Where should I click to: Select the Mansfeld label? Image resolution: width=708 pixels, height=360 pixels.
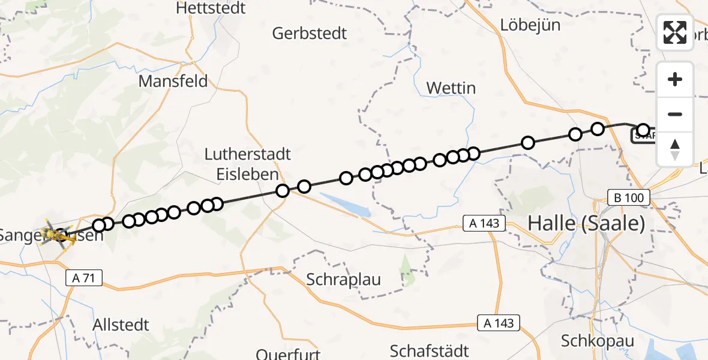173,81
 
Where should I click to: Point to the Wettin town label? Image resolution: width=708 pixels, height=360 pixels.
451,88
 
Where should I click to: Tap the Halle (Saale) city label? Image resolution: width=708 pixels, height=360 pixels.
586,224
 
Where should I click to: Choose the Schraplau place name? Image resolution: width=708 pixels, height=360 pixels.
343,279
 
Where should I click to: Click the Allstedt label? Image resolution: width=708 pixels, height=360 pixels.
121,325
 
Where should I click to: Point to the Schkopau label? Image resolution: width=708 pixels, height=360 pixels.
597,341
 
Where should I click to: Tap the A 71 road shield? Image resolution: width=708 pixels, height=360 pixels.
84,278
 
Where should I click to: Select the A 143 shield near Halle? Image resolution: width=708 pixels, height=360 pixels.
484,224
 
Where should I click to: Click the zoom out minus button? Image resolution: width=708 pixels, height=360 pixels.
675,114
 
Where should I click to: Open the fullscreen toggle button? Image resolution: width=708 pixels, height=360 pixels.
675,32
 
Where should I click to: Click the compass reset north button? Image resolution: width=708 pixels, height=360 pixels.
675,149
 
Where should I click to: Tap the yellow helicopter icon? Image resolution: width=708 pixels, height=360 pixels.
58,234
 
